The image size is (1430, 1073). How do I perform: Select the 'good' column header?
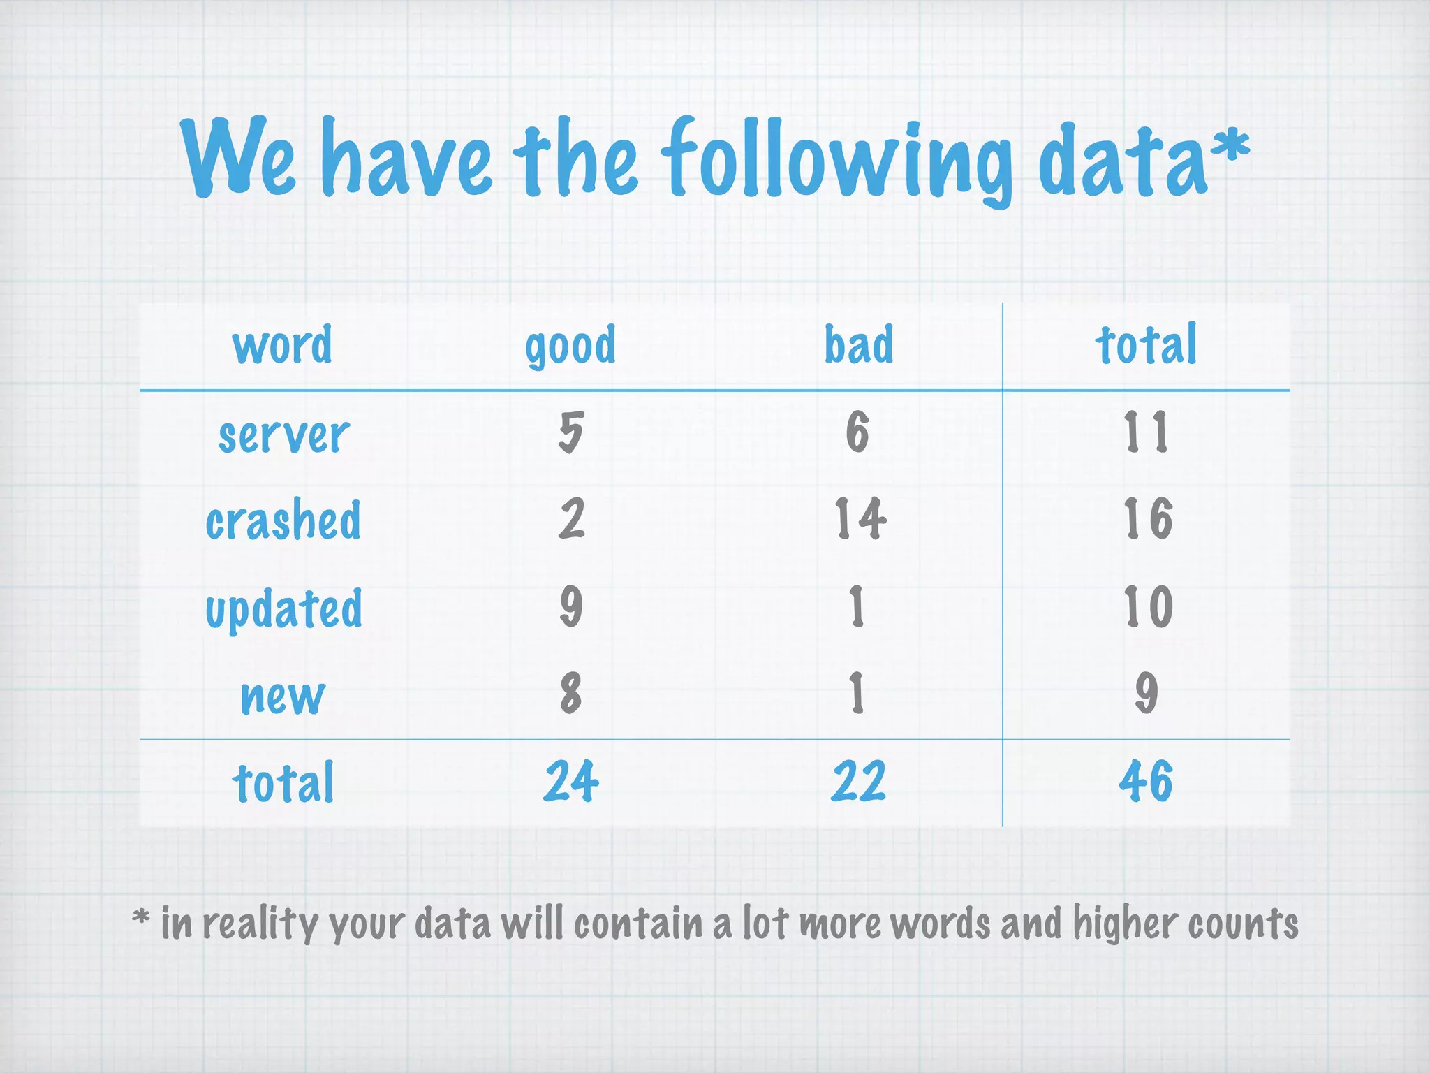[x=570, y=345]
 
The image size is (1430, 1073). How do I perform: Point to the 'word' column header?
[x=282, y=345]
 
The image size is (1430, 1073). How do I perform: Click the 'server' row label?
[x=283, y=435]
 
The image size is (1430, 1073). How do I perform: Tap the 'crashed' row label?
[x=283, y=520]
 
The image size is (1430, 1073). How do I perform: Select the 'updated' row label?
[x=283, y=608]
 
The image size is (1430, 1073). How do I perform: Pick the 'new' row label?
[x=283, y=696]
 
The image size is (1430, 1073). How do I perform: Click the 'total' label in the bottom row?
[x=283, y=782]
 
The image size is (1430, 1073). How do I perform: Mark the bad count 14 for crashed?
[x=860, y=519]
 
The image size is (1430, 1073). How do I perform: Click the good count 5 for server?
[x=570, y=432]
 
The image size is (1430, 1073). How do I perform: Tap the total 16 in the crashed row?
[x=1147, y=519]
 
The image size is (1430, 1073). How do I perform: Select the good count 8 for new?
[x=570, y=693]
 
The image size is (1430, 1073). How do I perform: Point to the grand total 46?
[x=1146, y=781]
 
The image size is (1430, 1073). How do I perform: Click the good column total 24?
[x=571, y=781]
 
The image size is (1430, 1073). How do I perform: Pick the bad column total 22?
[x=858, y=781]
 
